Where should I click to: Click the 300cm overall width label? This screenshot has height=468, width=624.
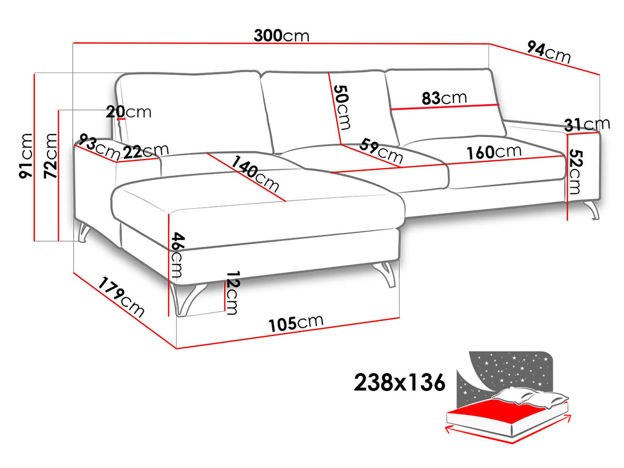(x=281, y=36)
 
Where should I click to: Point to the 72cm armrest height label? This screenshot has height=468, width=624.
(x=51, y=156)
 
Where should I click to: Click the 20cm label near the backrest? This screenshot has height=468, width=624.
(x=129, y=112)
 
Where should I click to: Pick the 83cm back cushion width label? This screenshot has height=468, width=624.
(x=444, y=98)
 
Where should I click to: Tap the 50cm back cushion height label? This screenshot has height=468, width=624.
(x=342, y=107)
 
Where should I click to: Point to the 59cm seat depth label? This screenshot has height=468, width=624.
(x=381, y=151)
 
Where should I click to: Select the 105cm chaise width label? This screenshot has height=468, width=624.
(x=296, y=323)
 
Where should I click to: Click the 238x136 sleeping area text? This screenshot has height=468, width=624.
(x=399, y=383)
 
